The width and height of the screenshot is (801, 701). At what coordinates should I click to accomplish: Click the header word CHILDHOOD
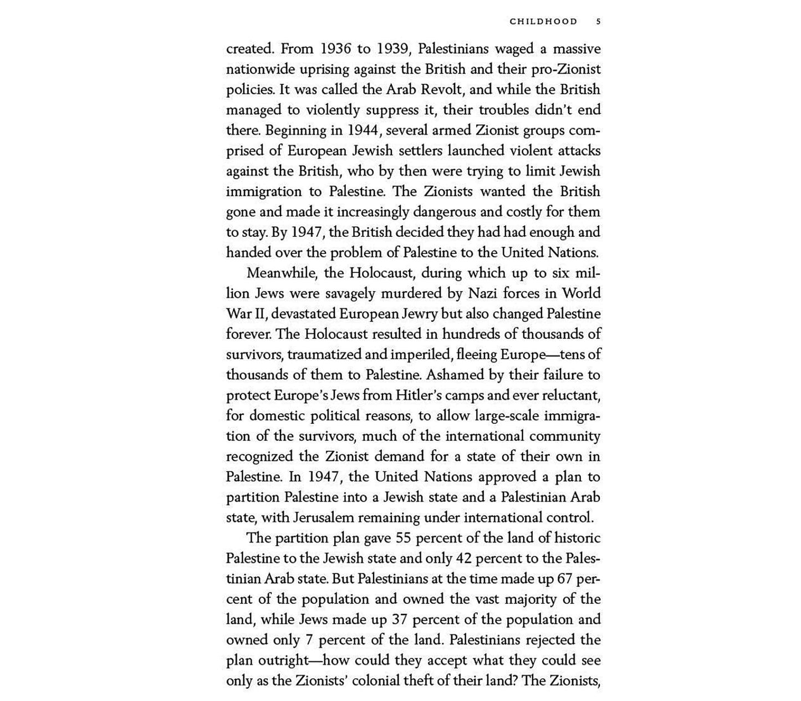(543, 22)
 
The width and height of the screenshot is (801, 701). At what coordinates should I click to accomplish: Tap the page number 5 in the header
(598, 22)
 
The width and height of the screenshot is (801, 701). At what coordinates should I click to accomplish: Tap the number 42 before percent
(464, 558)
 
